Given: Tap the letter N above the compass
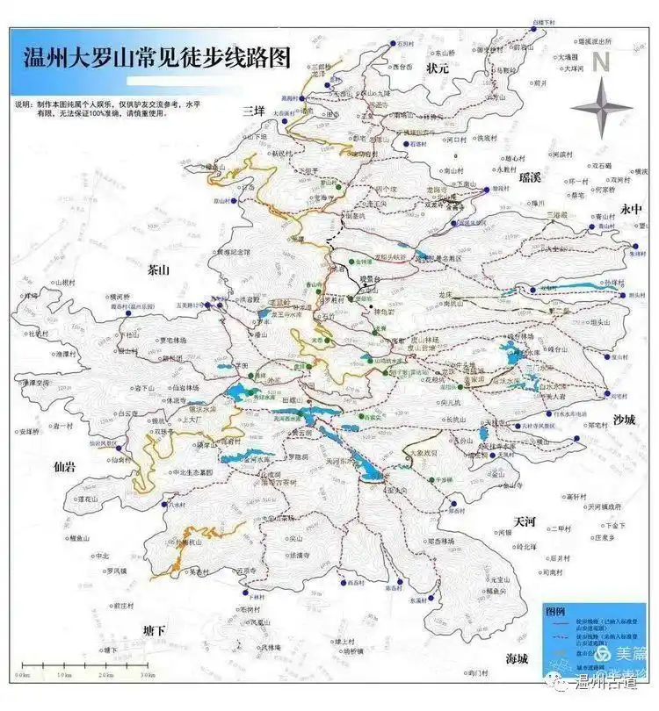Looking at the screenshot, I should [600, 61].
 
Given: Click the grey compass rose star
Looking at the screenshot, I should [601, 108].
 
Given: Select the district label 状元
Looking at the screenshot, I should [437, 68].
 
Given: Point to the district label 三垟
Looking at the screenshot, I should [254, 111].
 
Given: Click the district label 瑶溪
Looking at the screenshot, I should [530, 178].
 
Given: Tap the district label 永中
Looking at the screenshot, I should [633, 209].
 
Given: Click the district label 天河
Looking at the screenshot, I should [525, 522].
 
